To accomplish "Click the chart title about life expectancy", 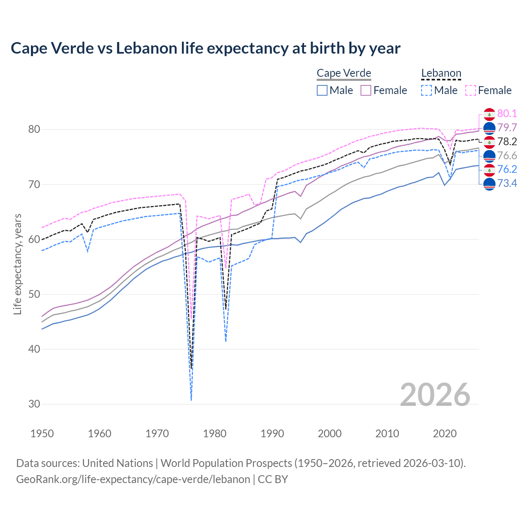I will tap(205, 48).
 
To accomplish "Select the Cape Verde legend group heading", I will tap(344, 73).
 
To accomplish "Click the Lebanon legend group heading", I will tap(441, 73).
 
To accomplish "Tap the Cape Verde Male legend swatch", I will tap(322, 90).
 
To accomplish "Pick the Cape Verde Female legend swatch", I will tap(366, 90).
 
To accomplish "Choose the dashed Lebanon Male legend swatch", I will tap(427, 90).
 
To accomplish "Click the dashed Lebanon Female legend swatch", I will tap(471, 90).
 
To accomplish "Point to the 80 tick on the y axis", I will tap(34, 130).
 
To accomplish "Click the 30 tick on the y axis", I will tap(34, 404).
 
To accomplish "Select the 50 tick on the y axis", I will tap(34, 295).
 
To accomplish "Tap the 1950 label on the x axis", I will tap(42, 434).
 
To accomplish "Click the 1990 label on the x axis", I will tap(272, 434).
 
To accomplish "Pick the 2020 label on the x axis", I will tap(445, 434).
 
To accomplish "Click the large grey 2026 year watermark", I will tap(435, 395).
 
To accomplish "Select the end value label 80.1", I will tap(507, 114).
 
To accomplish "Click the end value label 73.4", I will tap(507, 183).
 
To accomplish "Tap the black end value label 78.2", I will tap(507, 142).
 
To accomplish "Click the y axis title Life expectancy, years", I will tap(18, 264).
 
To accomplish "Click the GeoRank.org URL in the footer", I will tap(133, 479).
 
